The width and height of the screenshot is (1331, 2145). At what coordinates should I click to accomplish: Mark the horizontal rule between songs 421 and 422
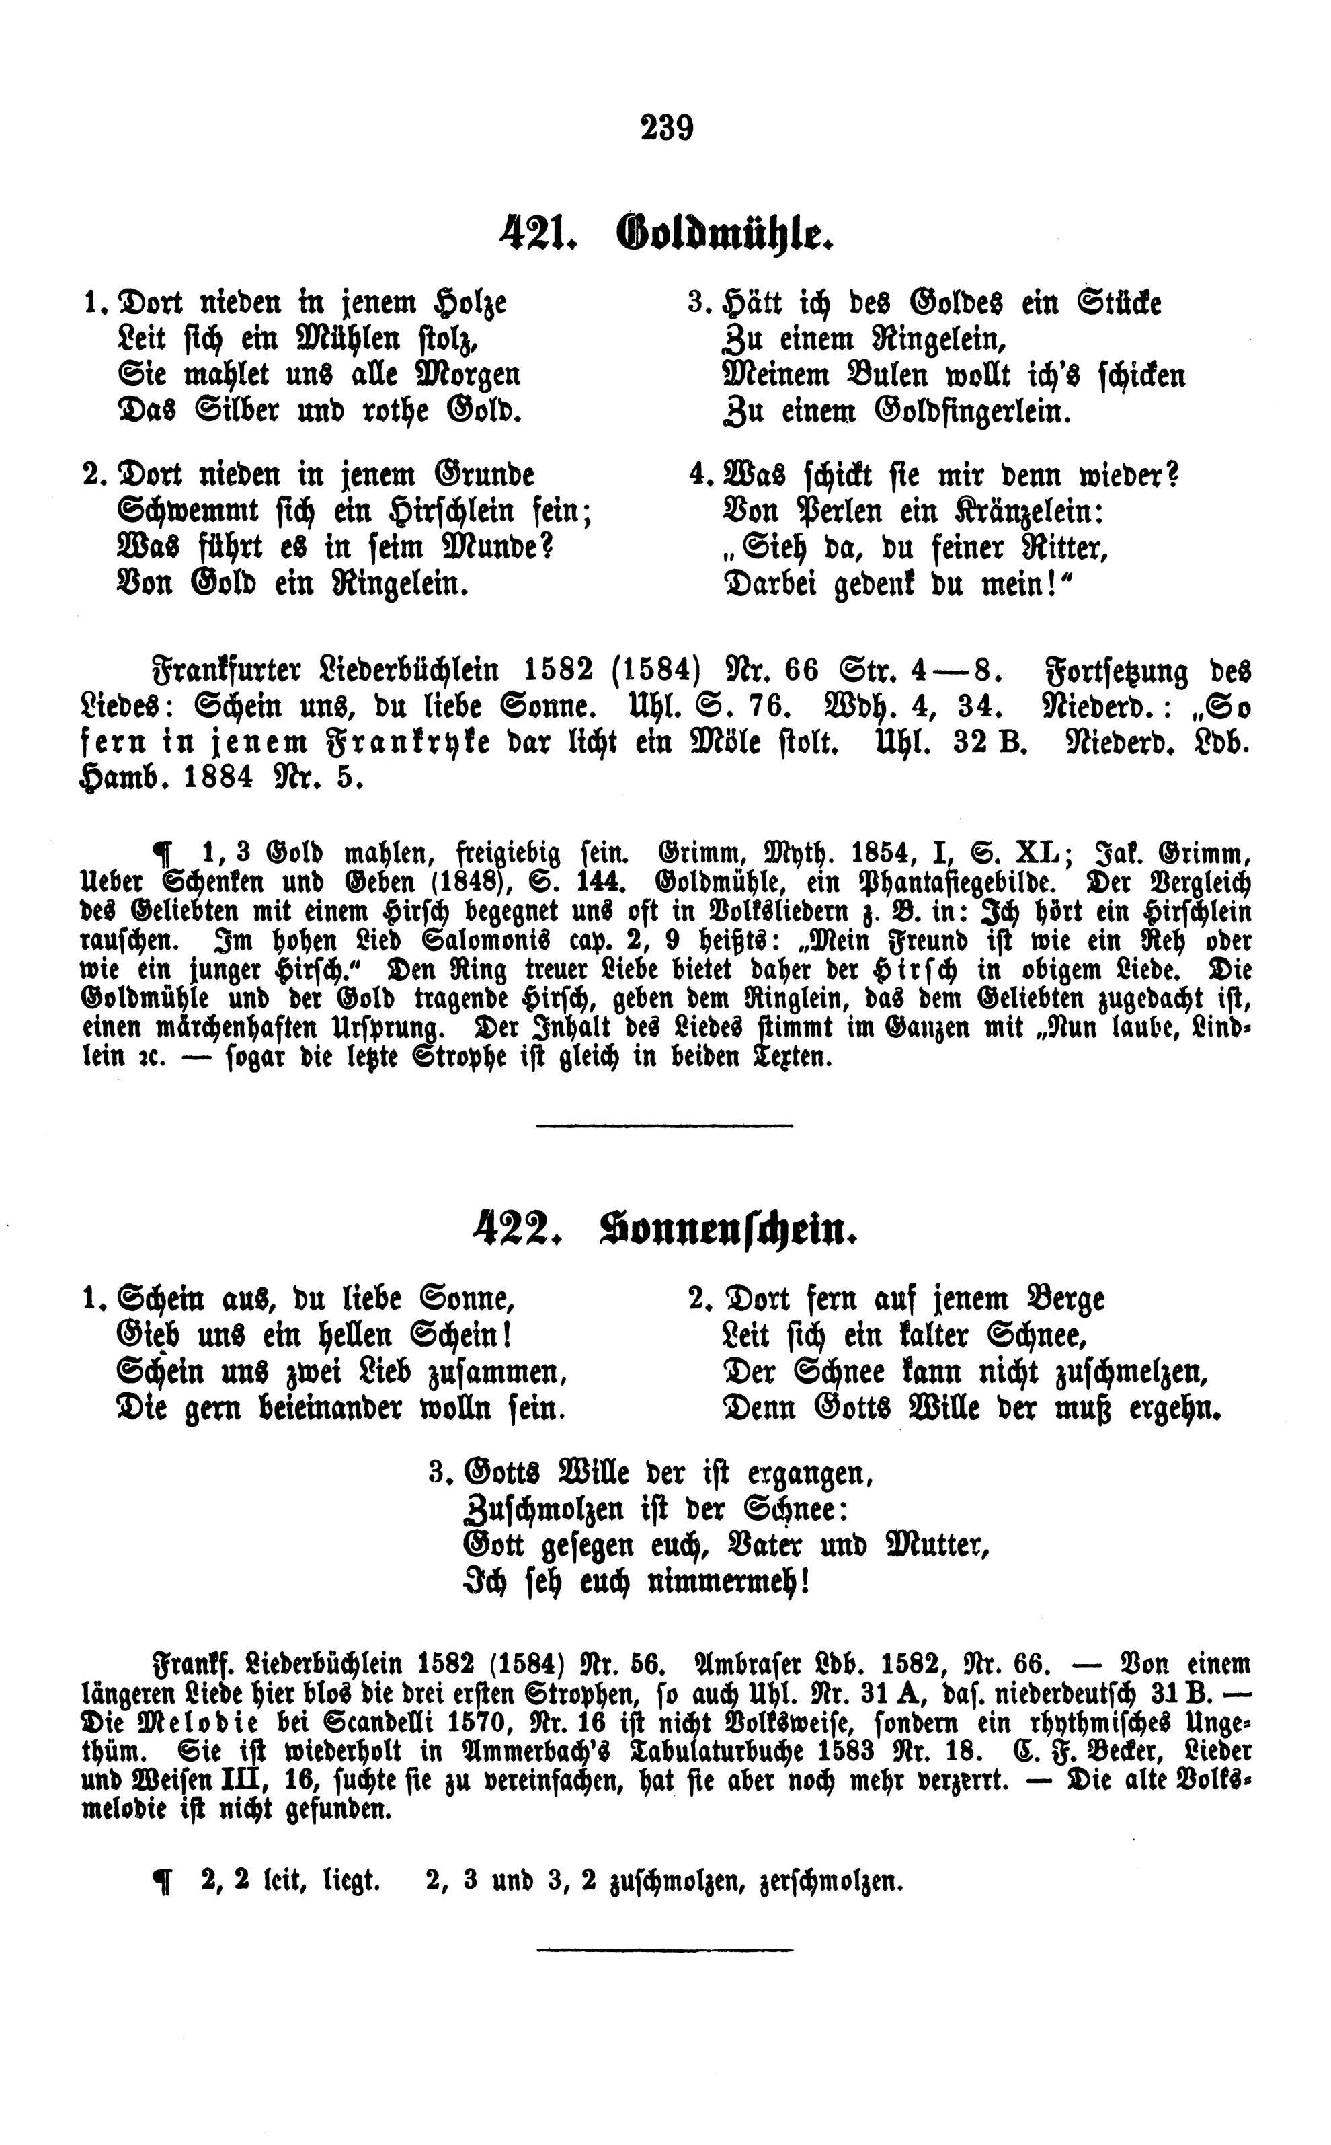(x=665, y=1125)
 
